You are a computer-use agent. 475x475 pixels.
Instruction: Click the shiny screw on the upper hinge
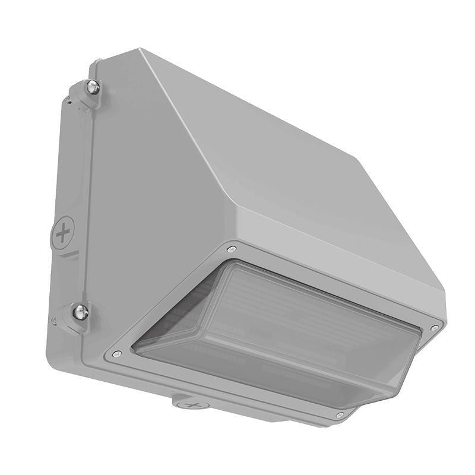tap(92, 87)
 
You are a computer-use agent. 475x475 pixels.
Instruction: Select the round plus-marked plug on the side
tap(64, 233)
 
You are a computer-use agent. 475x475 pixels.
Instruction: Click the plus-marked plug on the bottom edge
tap(191, 406)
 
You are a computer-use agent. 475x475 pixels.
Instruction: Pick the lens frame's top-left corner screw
tap(232, 249)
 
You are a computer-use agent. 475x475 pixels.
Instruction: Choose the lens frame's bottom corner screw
tap(339, 414)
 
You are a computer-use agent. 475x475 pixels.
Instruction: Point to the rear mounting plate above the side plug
tap(71, 166)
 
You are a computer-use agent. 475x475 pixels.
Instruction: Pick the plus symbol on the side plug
tap(64, 233)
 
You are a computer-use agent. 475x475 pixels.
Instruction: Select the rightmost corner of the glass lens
tap(419, 332)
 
